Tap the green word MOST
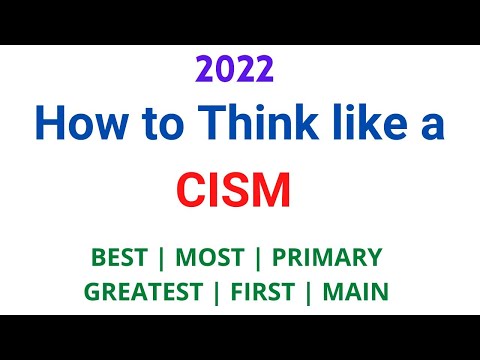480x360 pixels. (x=210, y=257)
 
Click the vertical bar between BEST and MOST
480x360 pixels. (x=164, y=257)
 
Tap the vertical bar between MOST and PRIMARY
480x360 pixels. (x=255, y=257)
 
